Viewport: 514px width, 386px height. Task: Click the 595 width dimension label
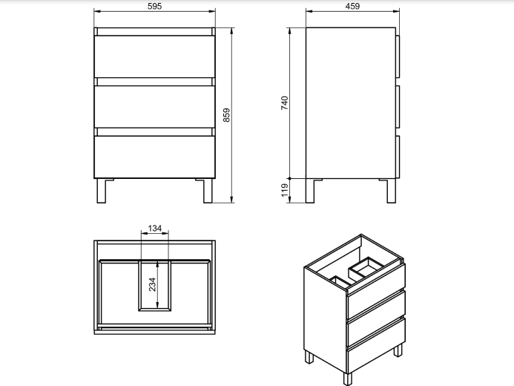pos(154,6)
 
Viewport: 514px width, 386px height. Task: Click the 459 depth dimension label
pos(352,6)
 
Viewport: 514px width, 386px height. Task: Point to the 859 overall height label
pos(226,115)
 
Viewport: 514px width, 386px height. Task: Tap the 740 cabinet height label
pos(284,102)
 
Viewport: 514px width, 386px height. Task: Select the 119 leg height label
pos(284,190)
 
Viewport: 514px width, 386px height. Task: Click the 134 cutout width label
pos(155,228)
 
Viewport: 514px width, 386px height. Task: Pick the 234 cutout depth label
pos(152,284)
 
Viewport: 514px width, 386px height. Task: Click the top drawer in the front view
pos(154,56)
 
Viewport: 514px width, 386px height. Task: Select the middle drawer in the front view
pos(154,107)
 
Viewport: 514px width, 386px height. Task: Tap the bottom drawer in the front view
pos(154,157)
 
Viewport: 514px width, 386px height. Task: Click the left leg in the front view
pos(102,191)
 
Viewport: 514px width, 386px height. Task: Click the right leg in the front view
pos(208,191)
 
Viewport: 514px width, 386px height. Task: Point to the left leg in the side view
pos(310,191)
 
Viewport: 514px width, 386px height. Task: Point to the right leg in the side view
pos(391,191)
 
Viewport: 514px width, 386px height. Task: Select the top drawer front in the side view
pos(398,56)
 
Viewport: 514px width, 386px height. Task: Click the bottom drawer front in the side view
pos(398,157)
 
